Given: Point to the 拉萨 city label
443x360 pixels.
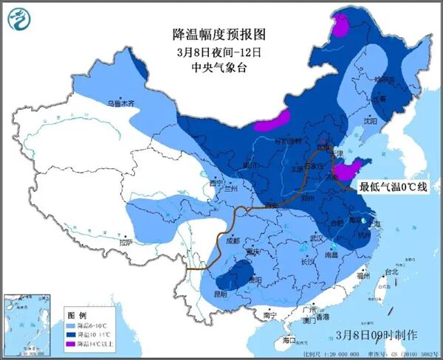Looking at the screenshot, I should click(126, 241).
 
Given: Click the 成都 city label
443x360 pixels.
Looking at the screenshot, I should click(233, 240).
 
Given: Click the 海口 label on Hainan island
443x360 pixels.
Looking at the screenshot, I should click(289, 340).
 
